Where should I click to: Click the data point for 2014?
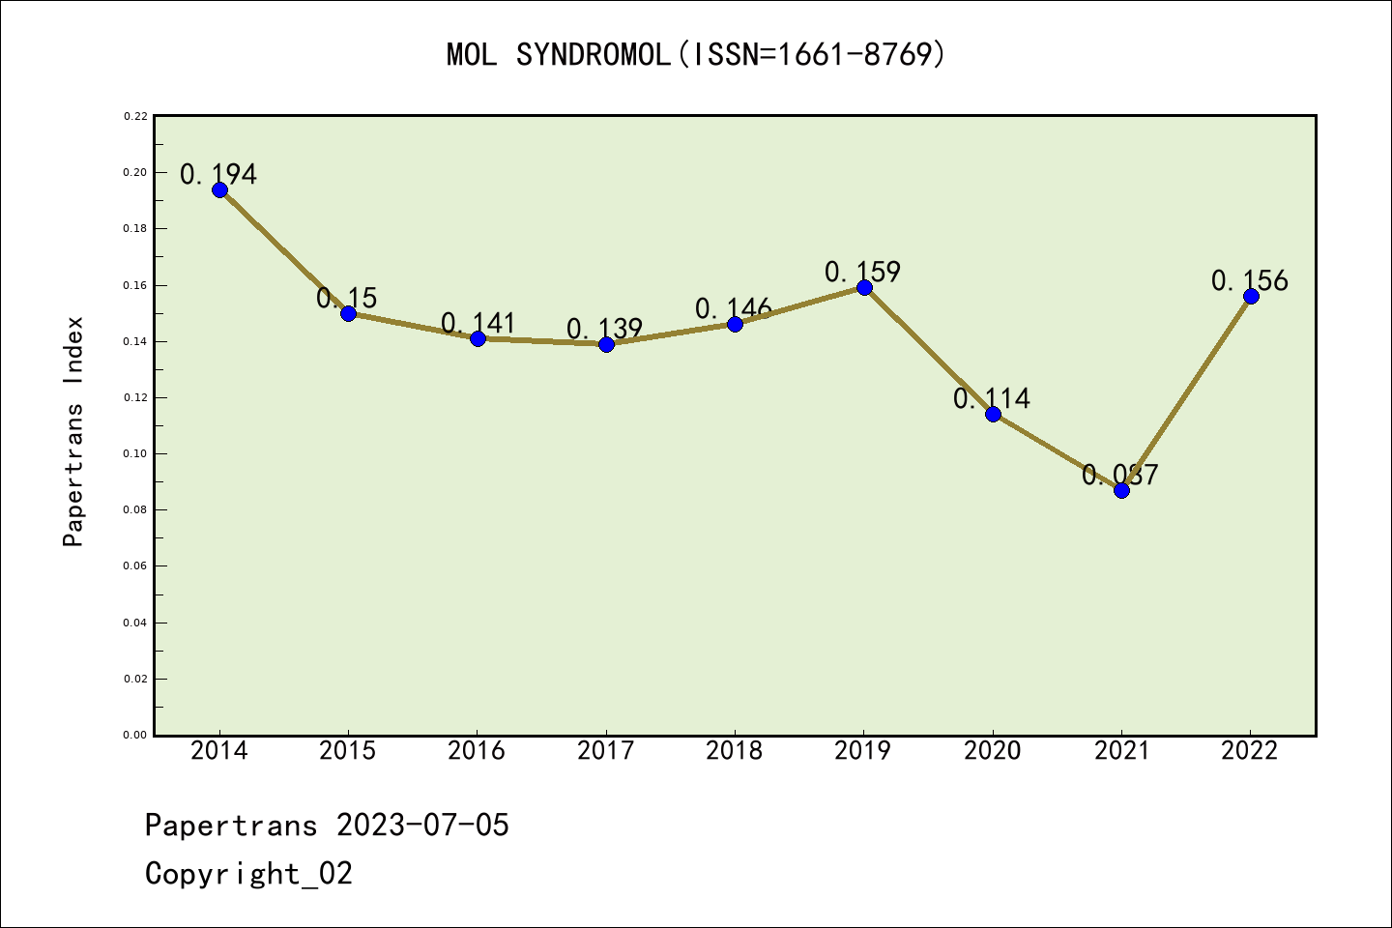(219, 189)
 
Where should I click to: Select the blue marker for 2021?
(1121, 490)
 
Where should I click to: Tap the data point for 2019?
(864, 287)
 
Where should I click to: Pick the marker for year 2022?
(1251, 296)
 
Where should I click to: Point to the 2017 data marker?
(606, 344)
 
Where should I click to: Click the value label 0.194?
(218, 174)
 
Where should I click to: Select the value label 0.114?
(992, 398)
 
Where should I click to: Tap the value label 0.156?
(1250, 280)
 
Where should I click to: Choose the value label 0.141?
(478, 323)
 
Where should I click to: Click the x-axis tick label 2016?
(477, 751)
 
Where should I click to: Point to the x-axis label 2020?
(992, 751)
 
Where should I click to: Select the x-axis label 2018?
(735, 751)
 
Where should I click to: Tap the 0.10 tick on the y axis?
(134, 453)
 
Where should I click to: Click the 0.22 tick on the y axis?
(134, 116)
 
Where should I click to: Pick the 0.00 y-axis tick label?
(134, 735)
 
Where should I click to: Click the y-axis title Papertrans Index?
(73, 431)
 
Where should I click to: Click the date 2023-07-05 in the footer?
(422, 826)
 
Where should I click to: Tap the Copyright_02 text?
(248, 874)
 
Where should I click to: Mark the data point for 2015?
(348, 313)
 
